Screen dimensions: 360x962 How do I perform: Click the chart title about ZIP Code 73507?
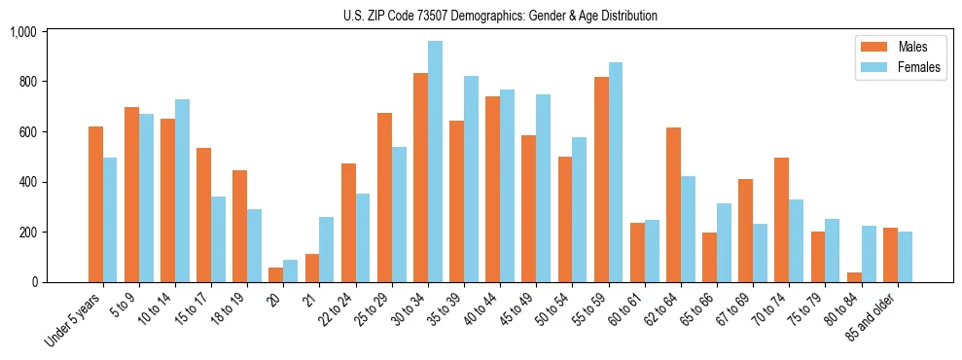tap(500, 16)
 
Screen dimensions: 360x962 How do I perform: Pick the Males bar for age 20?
tap(276, 275)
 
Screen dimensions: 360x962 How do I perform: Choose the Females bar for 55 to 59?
tap(616, 172)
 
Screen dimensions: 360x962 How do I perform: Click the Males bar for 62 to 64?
tap(673, 205)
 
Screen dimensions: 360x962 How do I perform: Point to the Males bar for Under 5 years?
tap(95, 204)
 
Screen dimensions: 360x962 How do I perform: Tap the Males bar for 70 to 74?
tap(782, 220)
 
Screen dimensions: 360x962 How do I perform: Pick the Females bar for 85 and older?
tap(905, 257)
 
